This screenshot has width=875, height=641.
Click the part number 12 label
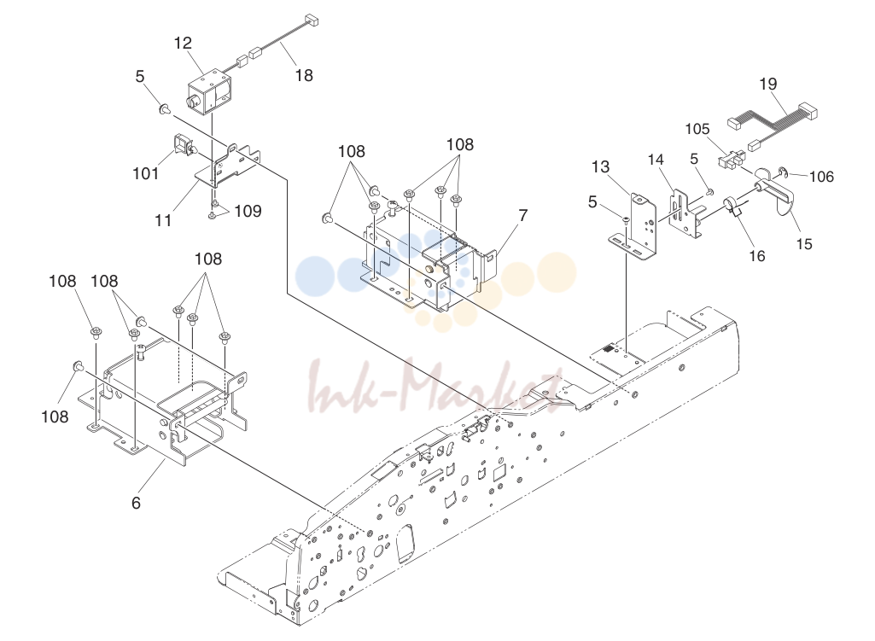click(183, 43)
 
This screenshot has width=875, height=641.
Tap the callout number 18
click(304, 75)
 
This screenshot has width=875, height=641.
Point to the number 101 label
click(145, 173)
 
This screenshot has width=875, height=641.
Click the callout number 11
click(163, 220)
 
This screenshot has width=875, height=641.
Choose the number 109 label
click(248, 211)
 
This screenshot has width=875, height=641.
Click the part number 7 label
click(523, 215)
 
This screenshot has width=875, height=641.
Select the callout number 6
click(137, 503)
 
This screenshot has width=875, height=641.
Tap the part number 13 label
click(600, 166)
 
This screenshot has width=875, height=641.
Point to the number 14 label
click(656, 160)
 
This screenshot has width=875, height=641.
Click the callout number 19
click(767, 84)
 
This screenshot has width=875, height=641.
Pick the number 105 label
click(697, 129)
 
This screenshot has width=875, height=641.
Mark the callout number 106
click(821, 177)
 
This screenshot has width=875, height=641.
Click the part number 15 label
click(804, 244)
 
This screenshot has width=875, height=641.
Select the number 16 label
click(756, 255)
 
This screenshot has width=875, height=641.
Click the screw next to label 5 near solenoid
click(165, 108)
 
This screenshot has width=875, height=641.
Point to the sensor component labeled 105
click(730, 160)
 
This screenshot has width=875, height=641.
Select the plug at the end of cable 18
click(311, 20)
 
